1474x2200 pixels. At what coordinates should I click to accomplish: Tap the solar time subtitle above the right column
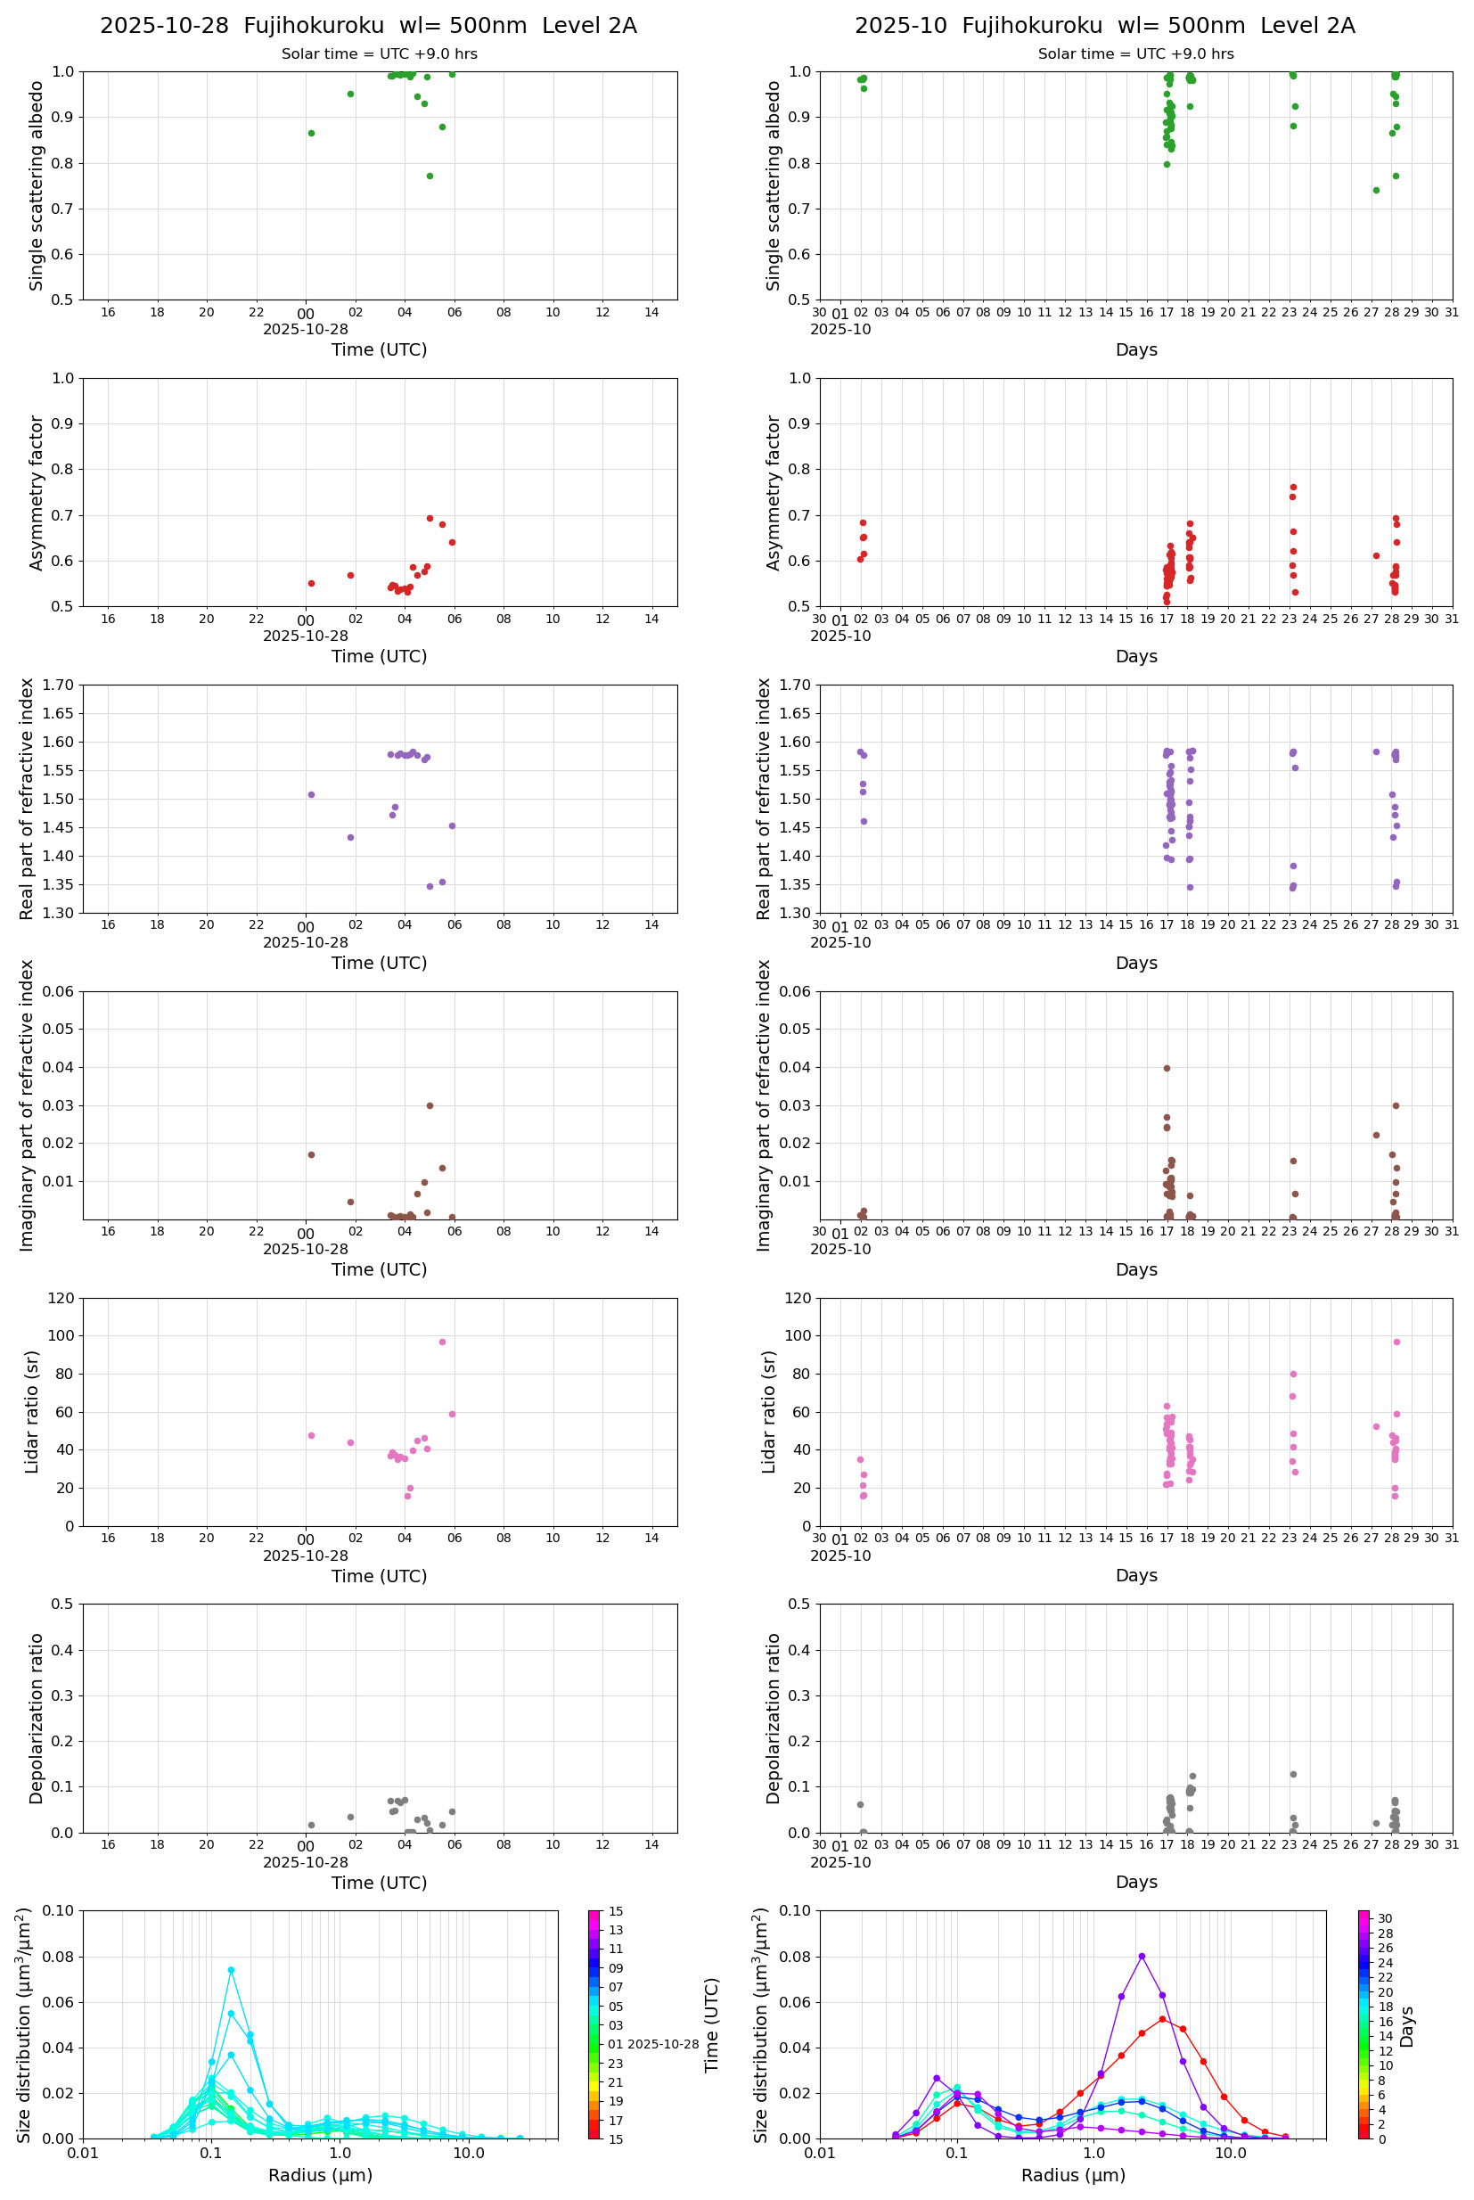[1134, 54]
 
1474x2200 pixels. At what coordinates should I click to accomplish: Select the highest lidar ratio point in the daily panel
[442, 1342]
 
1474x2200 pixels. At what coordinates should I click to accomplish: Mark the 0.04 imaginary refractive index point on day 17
[1167, 1068]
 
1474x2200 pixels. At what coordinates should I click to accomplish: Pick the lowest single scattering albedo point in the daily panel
[430, 176]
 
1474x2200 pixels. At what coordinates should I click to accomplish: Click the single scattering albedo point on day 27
[1376, 190]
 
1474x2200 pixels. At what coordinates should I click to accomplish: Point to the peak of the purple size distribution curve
[1142, 1957]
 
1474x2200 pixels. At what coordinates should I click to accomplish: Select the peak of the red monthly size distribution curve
[1162, 2019]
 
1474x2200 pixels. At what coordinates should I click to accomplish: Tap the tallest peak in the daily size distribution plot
[230, 1970]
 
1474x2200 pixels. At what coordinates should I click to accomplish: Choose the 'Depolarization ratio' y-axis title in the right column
[774, 1719]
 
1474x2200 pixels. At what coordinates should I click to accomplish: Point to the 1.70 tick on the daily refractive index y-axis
[58, 685]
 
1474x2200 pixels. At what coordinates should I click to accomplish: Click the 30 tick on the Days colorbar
[1385, 1919]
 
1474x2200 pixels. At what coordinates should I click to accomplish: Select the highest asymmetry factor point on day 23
[1293, 487]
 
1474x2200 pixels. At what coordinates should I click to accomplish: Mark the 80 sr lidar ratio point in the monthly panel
[1293, 1374]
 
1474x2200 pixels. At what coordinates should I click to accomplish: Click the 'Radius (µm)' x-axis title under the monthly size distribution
[1073, 2176]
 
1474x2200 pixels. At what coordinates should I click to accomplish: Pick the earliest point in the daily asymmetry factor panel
[311, 583]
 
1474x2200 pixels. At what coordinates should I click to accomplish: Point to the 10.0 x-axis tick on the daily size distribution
[468, 2153]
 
